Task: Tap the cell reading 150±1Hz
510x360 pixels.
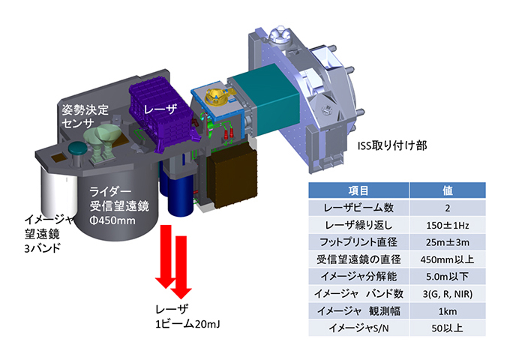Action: pyautogui.click(x=448, y=223)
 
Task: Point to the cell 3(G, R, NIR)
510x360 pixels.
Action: pyautogui.click(x=448, y=292)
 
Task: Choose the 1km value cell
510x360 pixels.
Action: pyautogui.click(x=448, y=310)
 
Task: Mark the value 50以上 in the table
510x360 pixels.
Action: pyautogui.click(x=448, y=327)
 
